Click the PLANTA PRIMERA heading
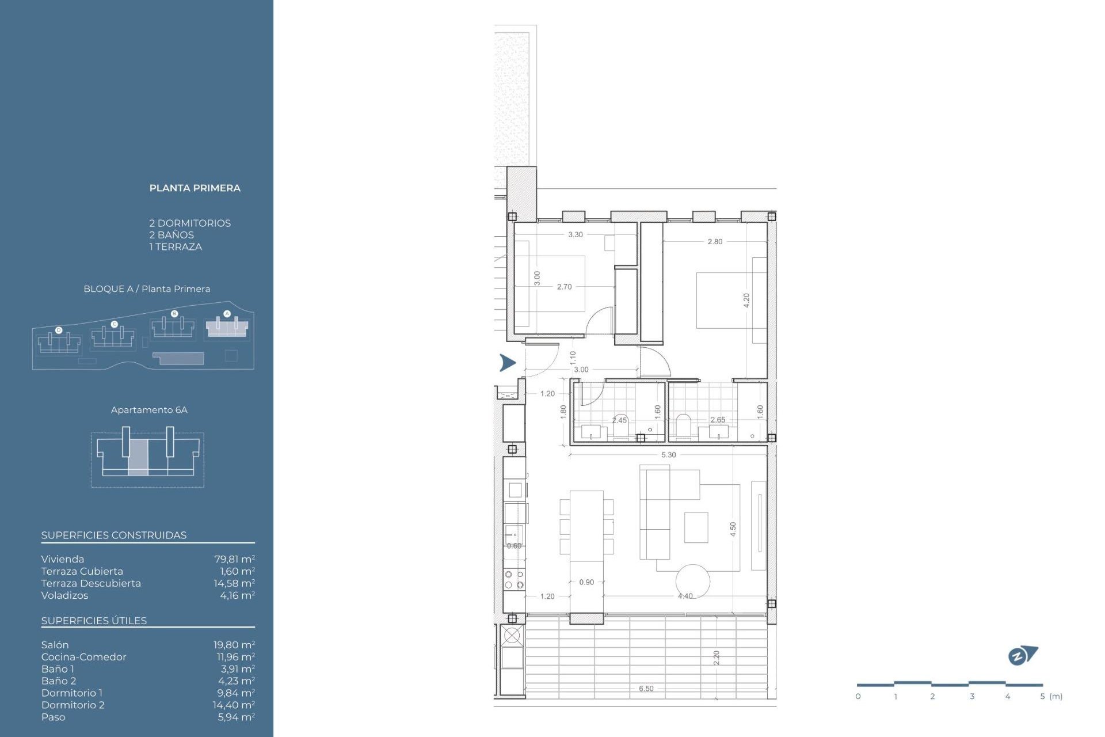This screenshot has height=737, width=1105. (195, 188)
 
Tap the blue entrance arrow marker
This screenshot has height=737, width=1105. (507, 363)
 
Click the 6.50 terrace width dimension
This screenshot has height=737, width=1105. (646, 689)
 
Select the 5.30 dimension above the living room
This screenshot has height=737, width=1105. (668, 455)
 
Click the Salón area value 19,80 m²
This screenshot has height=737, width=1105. (234, 645)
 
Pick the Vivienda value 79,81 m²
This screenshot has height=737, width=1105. (234, 559)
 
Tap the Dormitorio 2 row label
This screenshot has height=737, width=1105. (73, 705)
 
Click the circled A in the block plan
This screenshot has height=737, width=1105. (227, 314)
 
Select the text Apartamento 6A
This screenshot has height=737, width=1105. (149, 410)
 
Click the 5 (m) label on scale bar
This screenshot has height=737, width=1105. (1051, 696)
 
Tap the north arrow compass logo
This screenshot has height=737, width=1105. (1022, 655)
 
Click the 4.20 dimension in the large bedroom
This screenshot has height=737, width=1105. (746, 300)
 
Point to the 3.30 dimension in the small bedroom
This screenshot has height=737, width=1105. (575, 234)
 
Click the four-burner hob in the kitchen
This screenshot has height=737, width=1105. (514, 580)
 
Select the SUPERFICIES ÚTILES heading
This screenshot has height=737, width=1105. (94, 621)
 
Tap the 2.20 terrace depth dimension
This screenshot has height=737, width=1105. (717, 658)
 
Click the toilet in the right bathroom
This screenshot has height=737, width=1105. (683, 426)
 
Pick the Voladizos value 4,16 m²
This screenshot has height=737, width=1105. (237, 595)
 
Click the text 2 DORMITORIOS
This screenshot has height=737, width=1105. (190, 223)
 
